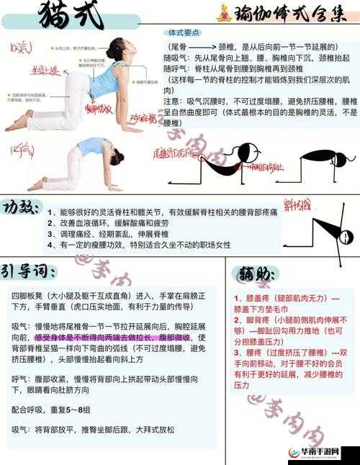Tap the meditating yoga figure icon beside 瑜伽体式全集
[225, 14]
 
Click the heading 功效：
[22, 207]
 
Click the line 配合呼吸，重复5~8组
[50, 409]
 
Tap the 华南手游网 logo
[320, 453]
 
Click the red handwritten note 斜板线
[295, 204]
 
